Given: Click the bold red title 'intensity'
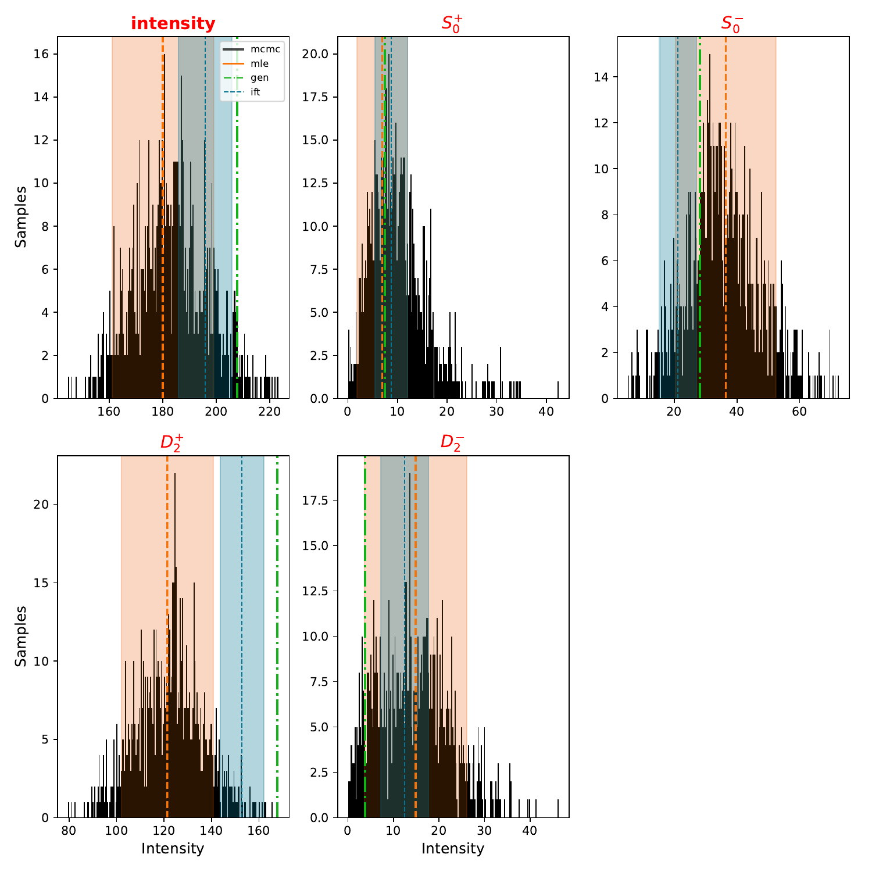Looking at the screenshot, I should [173, 24].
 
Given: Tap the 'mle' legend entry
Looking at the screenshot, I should [259, 64].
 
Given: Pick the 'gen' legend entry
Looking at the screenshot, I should [259, 78].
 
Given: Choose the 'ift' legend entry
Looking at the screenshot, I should [255, 92].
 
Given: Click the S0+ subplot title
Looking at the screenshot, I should [452, 24].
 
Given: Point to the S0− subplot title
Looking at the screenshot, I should [732, 24].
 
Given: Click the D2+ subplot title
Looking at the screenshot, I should [173, 442].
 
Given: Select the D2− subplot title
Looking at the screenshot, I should [452, 442].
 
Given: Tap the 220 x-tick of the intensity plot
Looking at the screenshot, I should [270, 412].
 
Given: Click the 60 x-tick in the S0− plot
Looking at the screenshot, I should [799, 412].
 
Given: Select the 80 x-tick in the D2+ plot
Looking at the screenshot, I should [69, 831].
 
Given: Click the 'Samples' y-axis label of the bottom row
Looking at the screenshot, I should [21, 636].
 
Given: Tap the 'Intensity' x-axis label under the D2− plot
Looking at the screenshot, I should [452, 849].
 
